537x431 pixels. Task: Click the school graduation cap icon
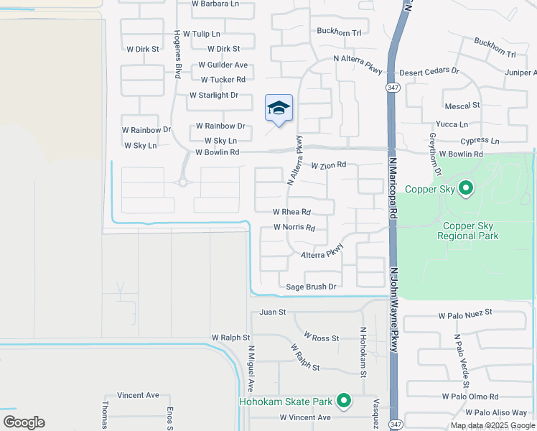pos(279,108)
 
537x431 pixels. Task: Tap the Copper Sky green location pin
pos(466,189)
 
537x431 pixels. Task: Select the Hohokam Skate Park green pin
pos(344,402)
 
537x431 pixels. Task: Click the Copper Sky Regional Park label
pos(467,230)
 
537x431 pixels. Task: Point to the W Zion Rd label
pos(328,165)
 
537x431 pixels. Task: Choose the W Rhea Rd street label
pos(291,212)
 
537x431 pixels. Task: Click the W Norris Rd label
pos(294,228)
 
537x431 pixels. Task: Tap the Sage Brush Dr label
pos(312,287)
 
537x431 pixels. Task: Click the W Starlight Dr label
pos(213,96)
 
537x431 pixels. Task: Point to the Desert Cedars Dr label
pos(429,72)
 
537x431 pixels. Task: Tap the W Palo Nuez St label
pos(465,312)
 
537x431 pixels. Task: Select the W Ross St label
pos(321,337)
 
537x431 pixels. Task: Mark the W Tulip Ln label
pos(202,34)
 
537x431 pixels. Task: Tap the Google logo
pos(24,422)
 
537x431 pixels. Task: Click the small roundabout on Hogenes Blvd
pos(183,182)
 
